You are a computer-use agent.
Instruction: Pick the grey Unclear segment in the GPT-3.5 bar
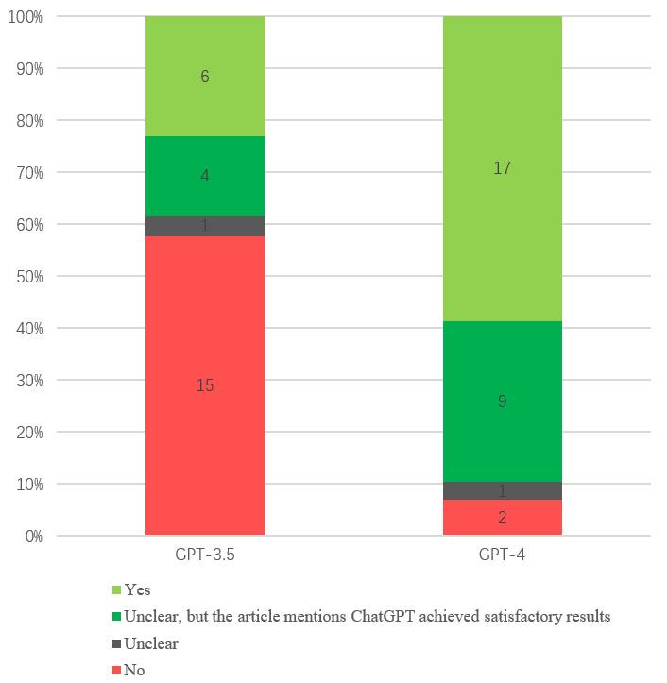204,226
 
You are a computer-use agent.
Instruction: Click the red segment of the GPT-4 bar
503,518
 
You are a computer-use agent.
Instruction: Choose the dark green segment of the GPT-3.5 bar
204,176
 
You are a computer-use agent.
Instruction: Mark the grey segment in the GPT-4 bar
503,490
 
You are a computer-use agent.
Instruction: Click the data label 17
503,168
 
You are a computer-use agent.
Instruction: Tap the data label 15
204,385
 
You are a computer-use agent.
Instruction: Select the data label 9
503,401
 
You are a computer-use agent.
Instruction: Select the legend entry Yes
137,589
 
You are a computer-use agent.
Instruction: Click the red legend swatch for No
116,671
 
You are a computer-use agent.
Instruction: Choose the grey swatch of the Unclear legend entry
116,644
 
